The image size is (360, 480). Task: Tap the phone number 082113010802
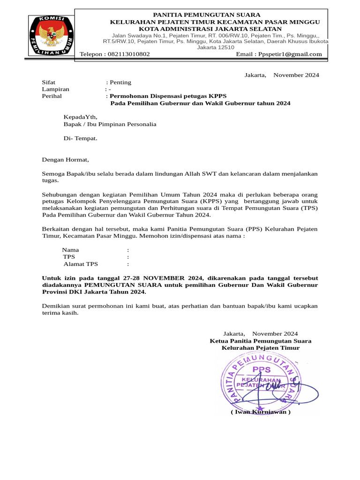(x=129, y=54)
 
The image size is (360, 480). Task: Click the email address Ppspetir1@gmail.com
(x=290, y=54)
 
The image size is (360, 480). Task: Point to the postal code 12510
(x=225, y=47)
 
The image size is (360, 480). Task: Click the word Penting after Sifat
(x=120, y=82)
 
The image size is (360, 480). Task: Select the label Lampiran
(x=56, y=89)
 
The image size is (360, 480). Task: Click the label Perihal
(x=52, y=96)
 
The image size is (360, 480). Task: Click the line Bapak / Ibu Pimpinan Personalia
(x=110, y=124)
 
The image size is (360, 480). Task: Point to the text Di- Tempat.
(x=81, y=138)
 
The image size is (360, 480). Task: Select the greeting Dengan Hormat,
(x=65, y=159)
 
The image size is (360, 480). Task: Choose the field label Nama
(x=71, y=250)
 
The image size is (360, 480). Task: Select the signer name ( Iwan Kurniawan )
(x=260, y=412)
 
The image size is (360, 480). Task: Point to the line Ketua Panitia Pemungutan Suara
(x=260, y=341)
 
